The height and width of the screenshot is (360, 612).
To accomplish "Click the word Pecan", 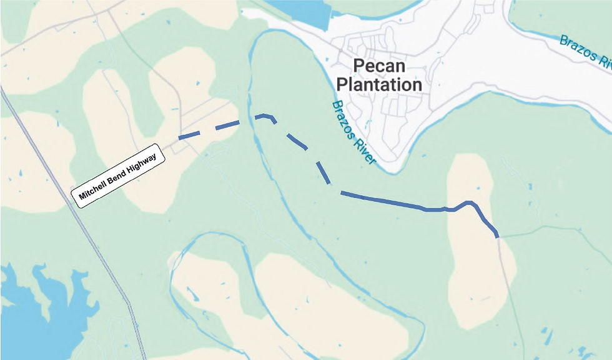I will pyautogui.click(x=379, y=66).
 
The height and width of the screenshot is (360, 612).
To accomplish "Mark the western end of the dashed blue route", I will pyautogui.click(x=179, y=137).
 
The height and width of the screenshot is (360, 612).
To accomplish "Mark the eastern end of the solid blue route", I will pyautogui.click(x=496, y=236).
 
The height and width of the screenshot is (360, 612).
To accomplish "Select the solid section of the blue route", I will pyautogui.click(x=400, y=204).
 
